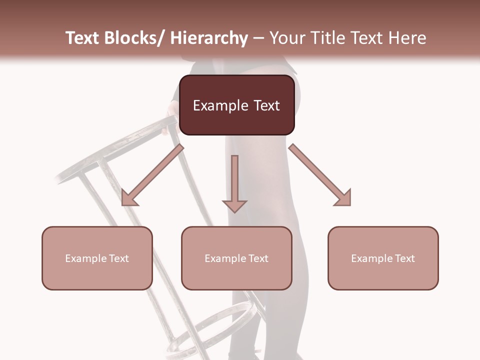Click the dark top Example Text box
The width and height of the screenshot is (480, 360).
[x=236, y=105]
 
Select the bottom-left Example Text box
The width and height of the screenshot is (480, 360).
[x=97, y=258]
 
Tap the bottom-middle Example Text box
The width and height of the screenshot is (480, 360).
[x=236, y=258]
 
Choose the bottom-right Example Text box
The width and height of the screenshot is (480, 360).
[x=383, y=258]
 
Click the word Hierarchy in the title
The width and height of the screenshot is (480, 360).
[x=208, y=38]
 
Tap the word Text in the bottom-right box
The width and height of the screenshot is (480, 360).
[x=404, y=258]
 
